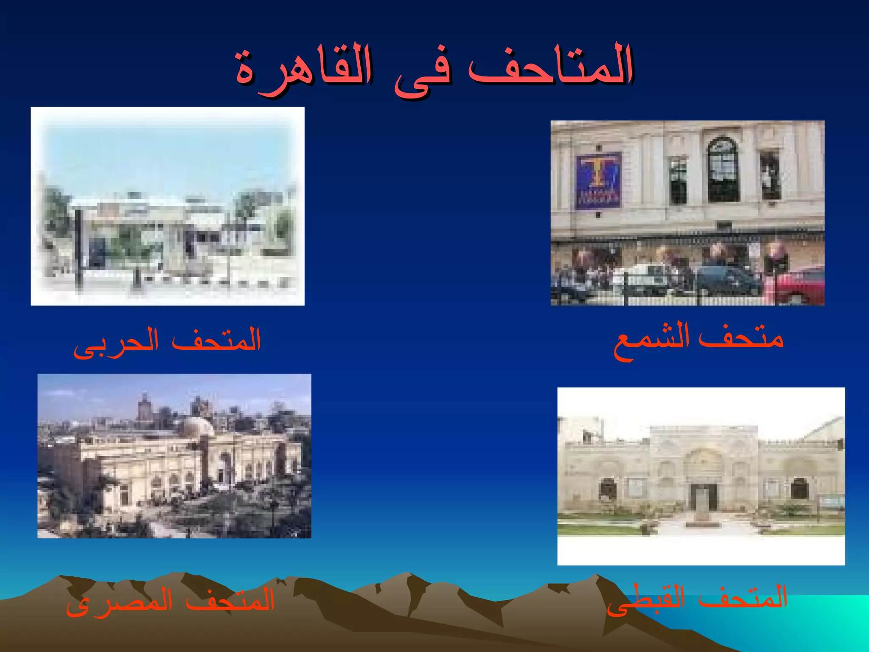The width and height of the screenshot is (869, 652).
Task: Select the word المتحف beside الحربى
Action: [216, 340]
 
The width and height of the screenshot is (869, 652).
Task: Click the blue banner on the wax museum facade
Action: [598, 180]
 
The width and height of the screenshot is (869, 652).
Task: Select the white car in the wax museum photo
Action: [641, 278]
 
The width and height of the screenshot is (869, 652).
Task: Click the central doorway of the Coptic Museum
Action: [704, 497]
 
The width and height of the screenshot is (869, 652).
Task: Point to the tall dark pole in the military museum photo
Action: [79, 246]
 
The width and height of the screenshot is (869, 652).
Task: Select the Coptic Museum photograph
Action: [701, 476]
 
